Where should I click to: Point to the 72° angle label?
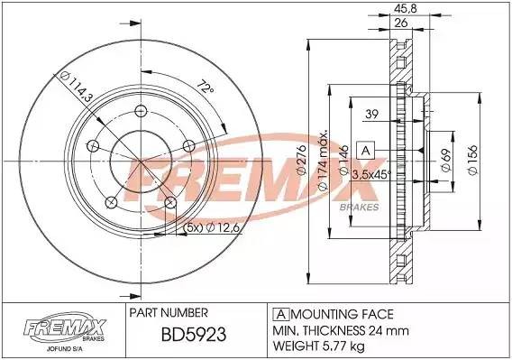point(206,88)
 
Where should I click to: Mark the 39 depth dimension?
point(370,114)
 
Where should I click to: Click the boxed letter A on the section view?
point(367,150)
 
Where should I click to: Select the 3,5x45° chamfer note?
point(370,174)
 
